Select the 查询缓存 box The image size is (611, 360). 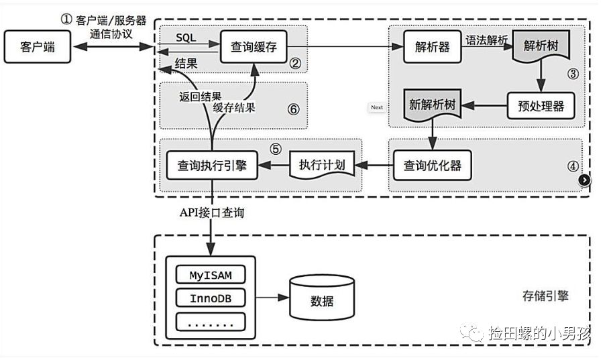click(x=249, y=48)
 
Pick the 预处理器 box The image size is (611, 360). click(x=541, y=107)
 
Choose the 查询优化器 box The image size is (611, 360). click(x=432, y=164)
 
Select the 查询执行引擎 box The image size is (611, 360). click(x=212, y=165)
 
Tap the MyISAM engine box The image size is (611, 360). click(x=211, y=274)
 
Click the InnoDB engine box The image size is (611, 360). click(x=211, y=298)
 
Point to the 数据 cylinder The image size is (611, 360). click(x=321, y=301)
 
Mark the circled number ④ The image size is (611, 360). click(x=572, y=166)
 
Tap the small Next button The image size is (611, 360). click(x=377, y=107)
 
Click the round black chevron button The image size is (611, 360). click(x=584, y=180)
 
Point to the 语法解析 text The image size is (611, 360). click(x=487, y=40)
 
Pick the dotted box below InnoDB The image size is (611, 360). click(x=211, y=322)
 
